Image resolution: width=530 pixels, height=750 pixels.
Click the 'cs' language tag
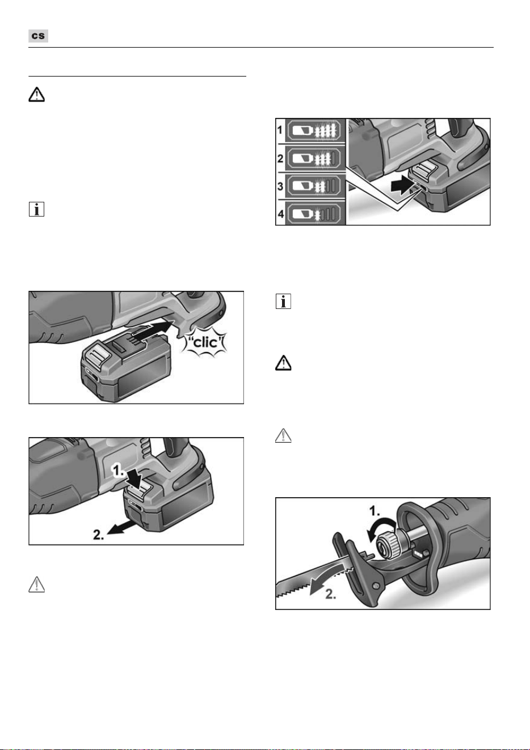[38, 36]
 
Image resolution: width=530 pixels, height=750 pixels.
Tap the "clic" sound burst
[204, 342]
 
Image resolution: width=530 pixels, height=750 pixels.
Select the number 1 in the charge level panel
[280, 130]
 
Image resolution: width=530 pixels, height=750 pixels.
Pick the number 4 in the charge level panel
[280, 214]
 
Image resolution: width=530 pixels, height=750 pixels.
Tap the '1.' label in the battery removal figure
[118, 471]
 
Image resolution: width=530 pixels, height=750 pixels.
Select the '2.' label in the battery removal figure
[98, 535]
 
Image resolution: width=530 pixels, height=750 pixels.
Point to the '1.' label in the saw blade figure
[375, 511]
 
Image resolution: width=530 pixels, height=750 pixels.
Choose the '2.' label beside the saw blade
[330, 594]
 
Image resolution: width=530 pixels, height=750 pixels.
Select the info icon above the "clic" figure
[36, 209]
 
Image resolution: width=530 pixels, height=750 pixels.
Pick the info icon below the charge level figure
[283, 302]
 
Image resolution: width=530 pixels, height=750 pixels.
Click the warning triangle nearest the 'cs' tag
[36, 95]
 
